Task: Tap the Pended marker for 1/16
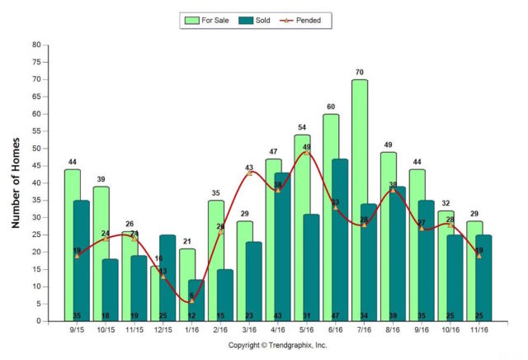[191, 301]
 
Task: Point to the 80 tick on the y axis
[35, 45]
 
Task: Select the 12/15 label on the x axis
[163, 330]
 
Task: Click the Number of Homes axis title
[16, 182]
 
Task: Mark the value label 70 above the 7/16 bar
[360, 73]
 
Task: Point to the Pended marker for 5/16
[306, 153]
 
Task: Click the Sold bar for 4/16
[282, 247]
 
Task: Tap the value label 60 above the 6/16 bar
[331, 107]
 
